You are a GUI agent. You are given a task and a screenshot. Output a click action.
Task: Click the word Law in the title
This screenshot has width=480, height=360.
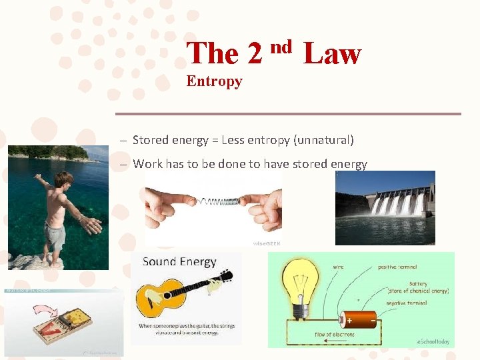[x=332, y=53]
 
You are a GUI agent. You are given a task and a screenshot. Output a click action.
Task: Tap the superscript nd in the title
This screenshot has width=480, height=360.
[x=281, y=46]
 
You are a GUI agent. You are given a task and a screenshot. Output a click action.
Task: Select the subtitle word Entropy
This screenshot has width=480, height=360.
[x=214, y=81]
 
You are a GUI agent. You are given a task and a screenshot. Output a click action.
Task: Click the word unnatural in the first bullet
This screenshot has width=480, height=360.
[x=327, y=140]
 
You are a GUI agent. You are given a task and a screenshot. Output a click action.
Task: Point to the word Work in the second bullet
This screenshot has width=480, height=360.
[x=147, y=164]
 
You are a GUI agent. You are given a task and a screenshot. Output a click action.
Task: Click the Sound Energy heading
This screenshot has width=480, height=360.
[x=179, y=261]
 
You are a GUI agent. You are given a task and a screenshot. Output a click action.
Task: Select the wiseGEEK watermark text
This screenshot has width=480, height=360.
[x=267, y=243]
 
